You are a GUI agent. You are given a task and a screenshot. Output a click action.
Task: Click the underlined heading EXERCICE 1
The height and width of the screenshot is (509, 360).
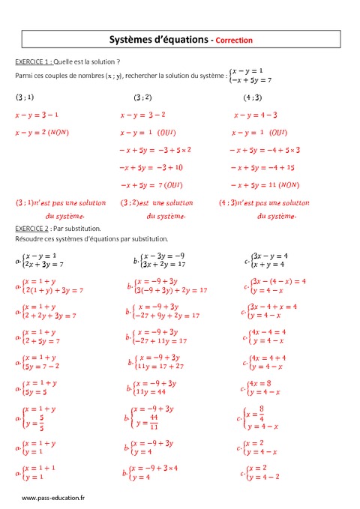pyautogui.click(x=33, y=61)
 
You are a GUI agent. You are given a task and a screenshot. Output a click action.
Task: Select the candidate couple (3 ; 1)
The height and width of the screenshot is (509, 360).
pyautogui.click(x=25, y=97)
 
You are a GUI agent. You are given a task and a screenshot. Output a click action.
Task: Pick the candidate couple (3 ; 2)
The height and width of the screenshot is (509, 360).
pyautogui.click(x=142, y=97)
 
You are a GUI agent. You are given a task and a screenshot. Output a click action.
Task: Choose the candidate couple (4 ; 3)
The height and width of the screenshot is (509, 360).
pyautogui.click(x=253, y=97)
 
